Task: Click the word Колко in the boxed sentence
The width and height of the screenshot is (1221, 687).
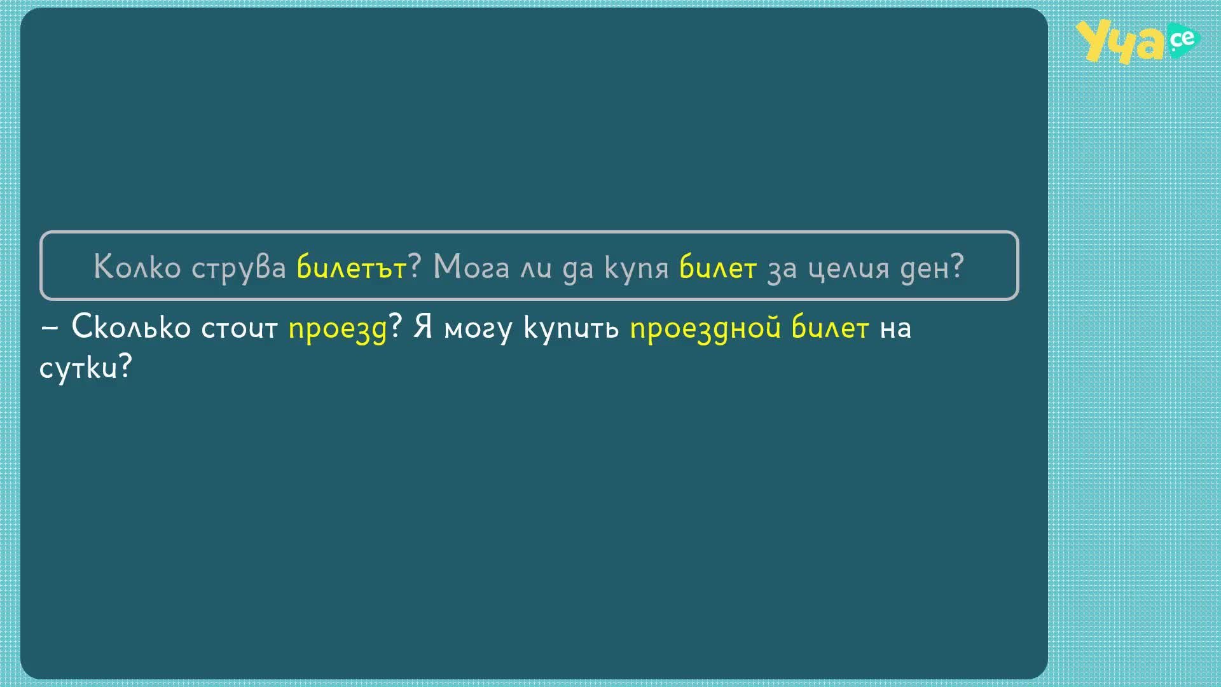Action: coord(137,267)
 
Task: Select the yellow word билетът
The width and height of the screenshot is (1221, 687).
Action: coord(352,267)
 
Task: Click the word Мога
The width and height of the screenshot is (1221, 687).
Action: coord(471,267)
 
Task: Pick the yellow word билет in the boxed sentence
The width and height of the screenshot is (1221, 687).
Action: coord(718,267)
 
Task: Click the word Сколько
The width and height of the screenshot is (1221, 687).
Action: coord(131,327)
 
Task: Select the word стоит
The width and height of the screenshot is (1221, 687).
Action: coord(240,329)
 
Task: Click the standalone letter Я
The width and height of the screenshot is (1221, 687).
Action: coord(423,327)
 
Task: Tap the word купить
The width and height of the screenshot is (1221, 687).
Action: coord(571,329)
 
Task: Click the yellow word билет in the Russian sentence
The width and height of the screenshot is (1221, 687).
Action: coord(830,327)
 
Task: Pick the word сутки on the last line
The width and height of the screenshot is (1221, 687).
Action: coord(79,367)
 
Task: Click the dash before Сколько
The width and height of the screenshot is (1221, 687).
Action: coord(50,328)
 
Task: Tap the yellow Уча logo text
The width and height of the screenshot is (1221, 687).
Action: coord(1121,42)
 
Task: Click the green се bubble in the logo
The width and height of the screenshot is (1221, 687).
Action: coord(1183,41)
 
